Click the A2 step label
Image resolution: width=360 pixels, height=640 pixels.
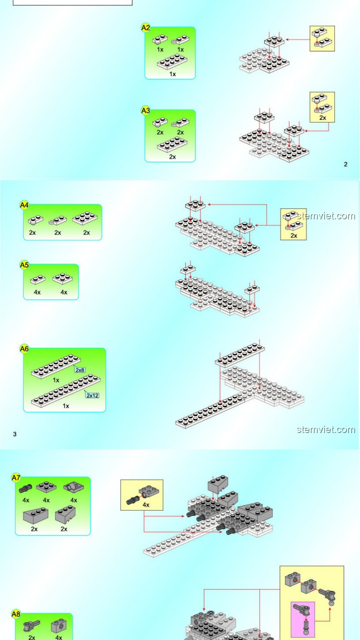coord(146,28)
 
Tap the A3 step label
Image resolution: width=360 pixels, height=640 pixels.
coord(146,110)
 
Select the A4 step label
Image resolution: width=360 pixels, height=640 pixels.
coord(24,205)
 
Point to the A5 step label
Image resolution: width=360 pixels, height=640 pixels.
coord(24,265)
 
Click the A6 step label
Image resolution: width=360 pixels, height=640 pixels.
coord(24,349)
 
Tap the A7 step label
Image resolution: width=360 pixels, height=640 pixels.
coord(16,478)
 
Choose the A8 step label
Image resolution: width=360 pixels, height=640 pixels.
coord(16,614)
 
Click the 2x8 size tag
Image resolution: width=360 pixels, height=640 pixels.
coord(80,370)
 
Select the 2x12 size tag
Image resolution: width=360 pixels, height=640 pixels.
coord(92,395)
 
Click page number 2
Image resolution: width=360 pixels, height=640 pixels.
coord(346,164)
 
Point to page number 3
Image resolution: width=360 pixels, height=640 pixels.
coord(15,434)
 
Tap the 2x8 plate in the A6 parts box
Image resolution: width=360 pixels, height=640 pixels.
coord(56,366)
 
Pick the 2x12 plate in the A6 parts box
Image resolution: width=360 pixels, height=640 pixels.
coord(66,391)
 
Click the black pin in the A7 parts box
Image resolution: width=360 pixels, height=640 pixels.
coord(25,488)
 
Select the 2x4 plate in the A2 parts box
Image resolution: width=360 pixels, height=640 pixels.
coord(172,61)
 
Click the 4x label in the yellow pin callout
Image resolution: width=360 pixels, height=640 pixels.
coord(146,505)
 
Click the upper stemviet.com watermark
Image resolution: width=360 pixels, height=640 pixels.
coord(326,216)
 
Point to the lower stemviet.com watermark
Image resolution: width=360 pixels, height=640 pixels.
coord(326,429)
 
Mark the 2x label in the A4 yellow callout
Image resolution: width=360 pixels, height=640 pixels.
coord(294,235)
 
